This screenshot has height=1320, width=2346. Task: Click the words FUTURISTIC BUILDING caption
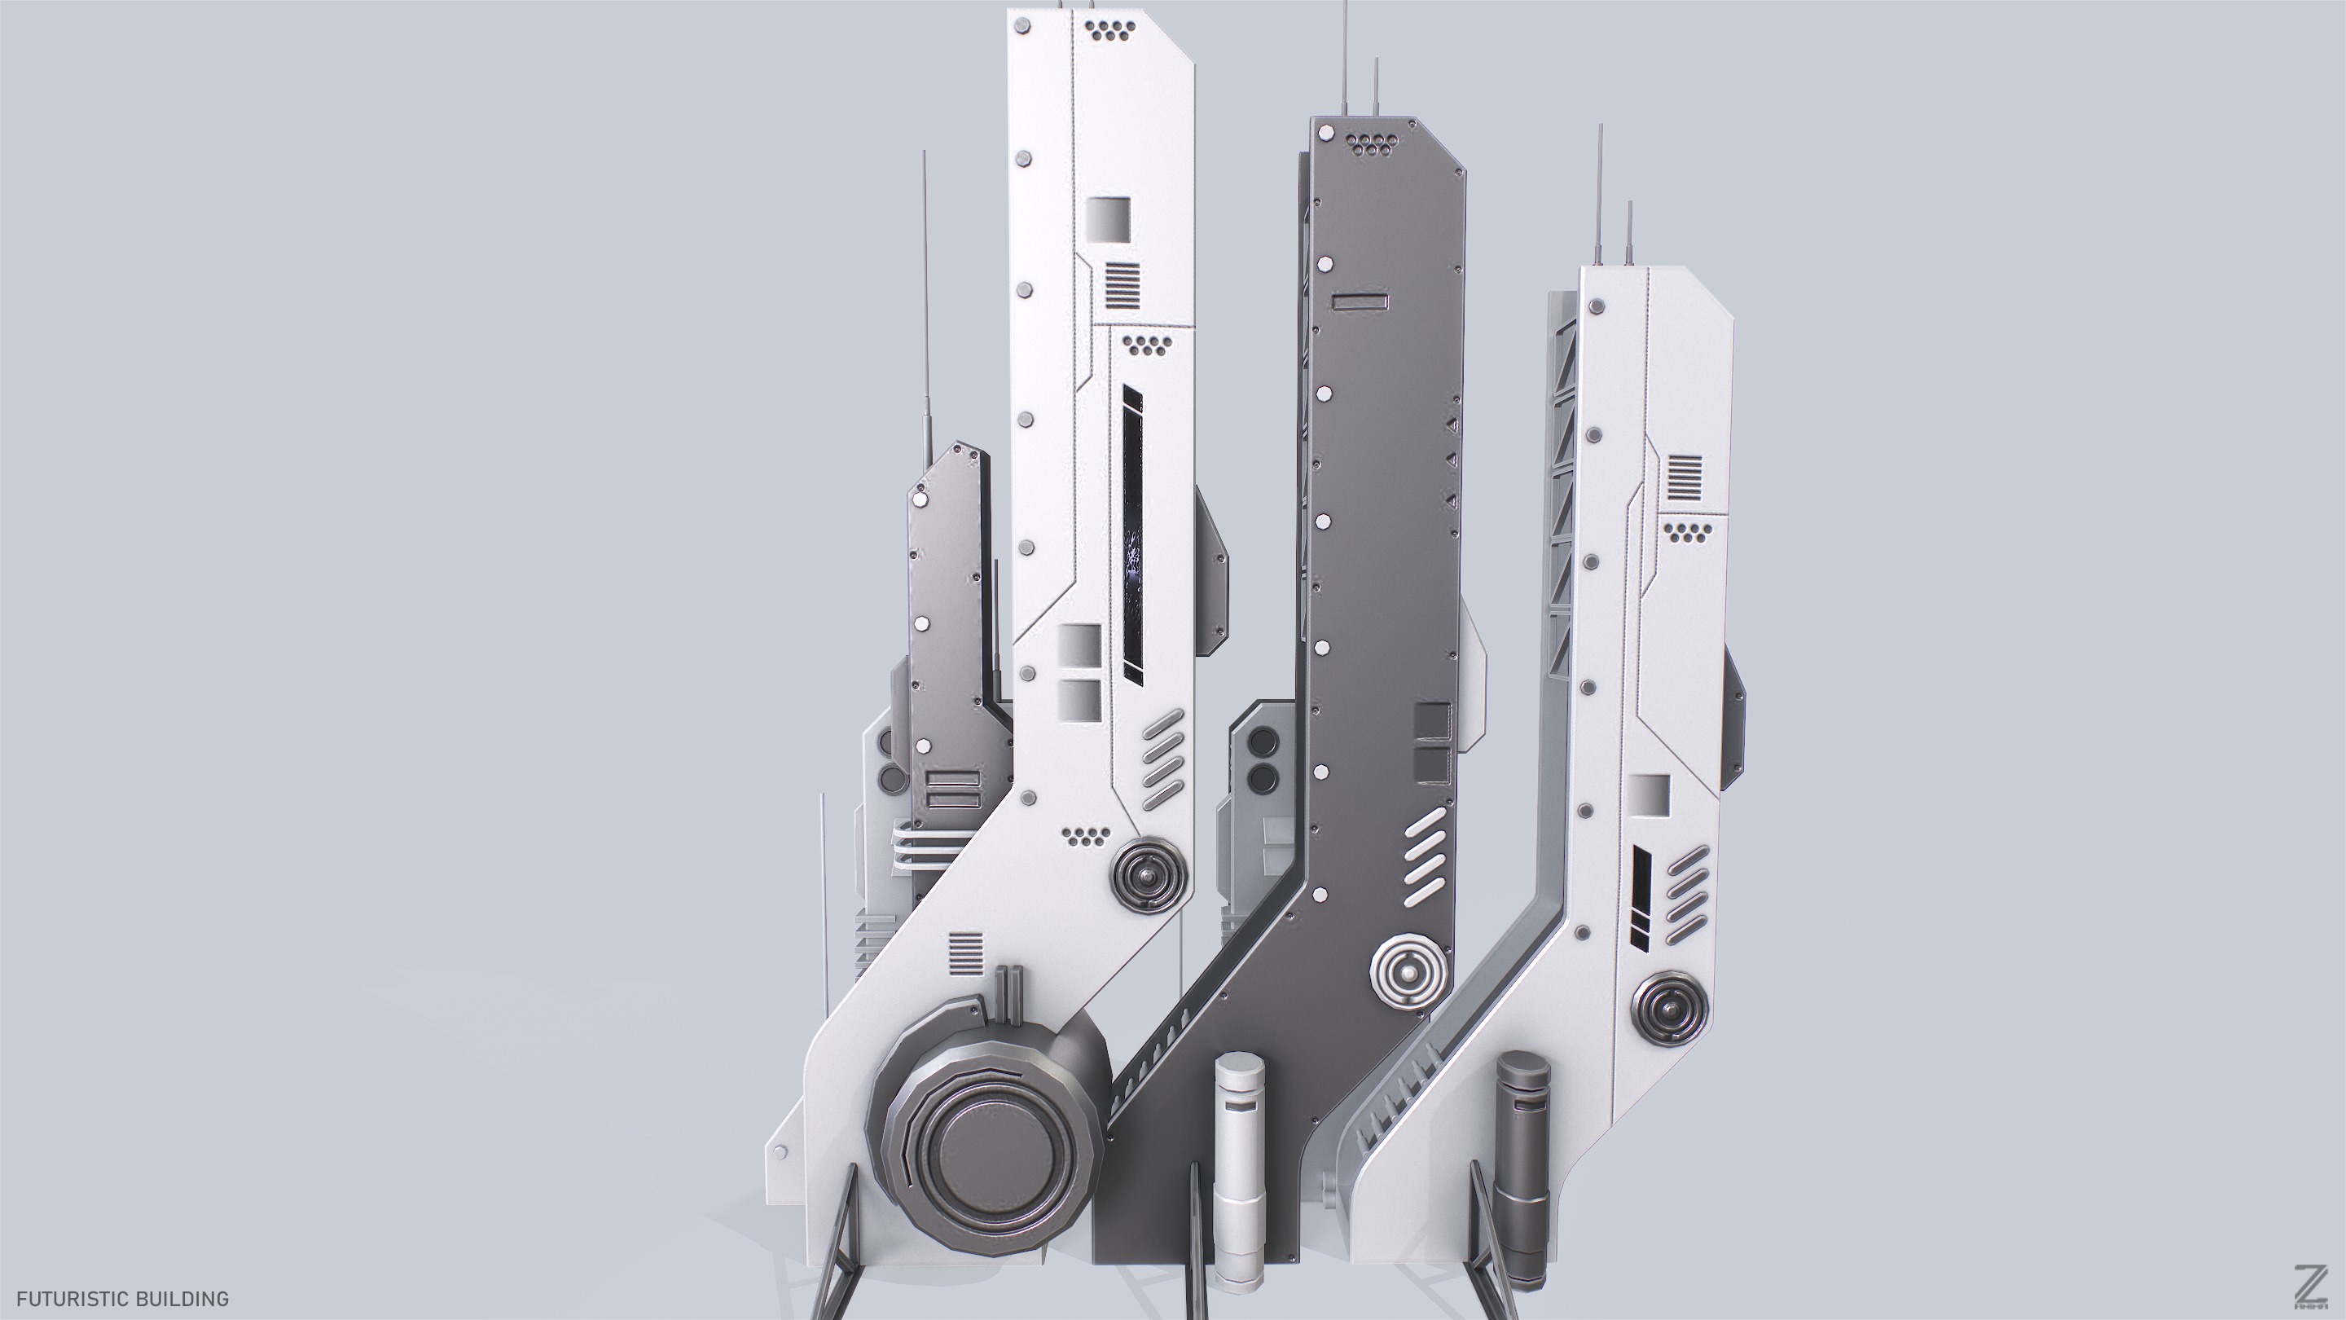pyautogui.click(x=123, y=1297)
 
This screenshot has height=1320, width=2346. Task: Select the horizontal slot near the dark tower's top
pyautogui.click(x=1359, y=301)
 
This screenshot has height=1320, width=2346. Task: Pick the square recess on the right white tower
pyautogui.click(x=1650, y=794)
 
